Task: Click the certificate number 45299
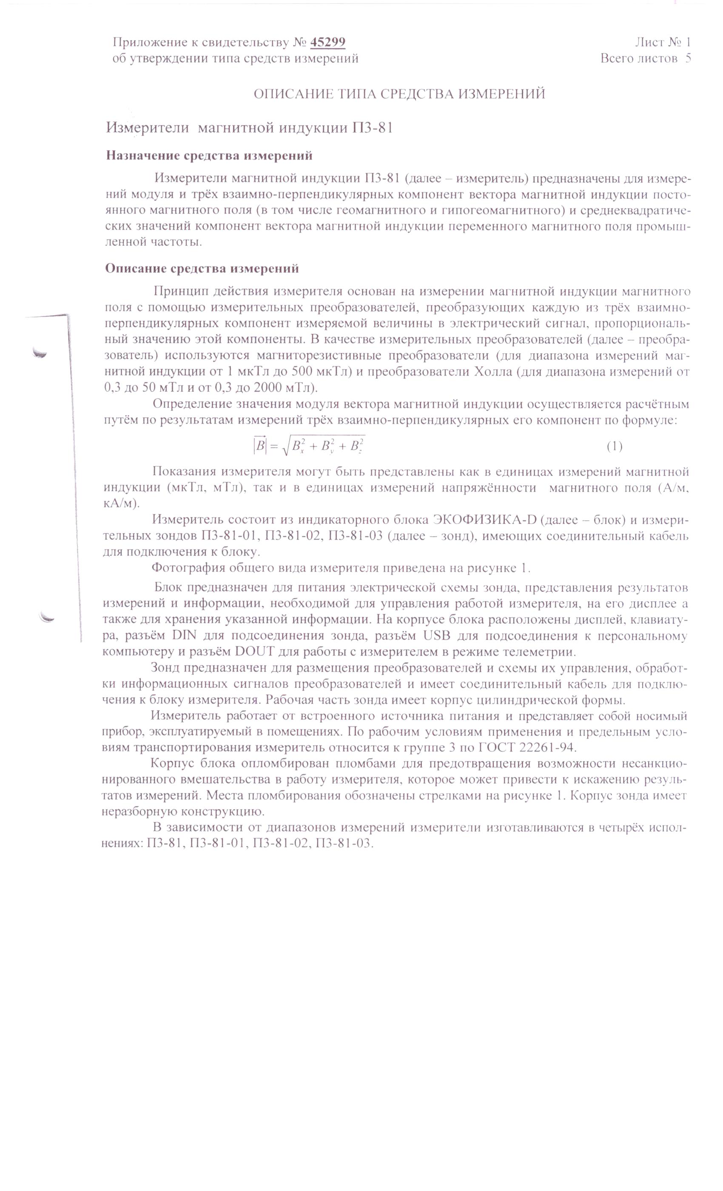(x=327, y=43)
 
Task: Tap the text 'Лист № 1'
(x=663, y=43)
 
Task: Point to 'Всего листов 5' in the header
(x=645, y=59)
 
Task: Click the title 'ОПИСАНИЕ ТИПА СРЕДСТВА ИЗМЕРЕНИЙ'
(x=399, y=94)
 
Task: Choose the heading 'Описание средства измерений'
(x=202, y=269)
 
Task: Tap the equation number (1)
(x=614, y=446)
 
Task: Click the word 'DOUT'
(x=254, y=652)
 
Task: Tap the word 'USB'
(x=436, y=635)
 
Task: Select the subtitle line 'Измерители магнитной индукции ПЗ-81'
(x=249, y=128)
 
